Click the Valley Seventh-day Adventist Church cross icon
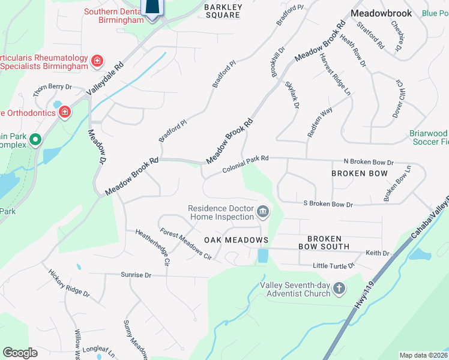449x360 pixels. tap(339, 289)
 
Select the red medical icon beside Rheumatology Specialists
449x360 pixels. tap(96, 61)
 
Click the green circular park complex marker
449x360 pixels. tap(35, 140)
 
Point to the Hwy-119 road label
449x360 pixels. tap(364, 296)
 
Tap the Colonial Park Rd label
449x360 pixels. tap(245, 164)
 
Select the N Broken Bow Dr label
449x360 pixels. tap(368, 162)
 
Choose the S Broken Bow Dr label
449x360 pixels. tap(328, 204)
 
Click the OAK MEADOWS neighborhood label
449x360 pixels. tap(236, 240)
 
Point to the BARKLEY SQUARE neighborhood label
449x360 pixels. tap(223, 11)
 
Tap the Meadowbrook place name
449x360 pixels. tap(381, 13)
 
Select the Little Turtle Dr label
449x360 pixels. tap(334, 265)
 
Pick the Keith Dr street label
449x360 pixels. tap(378, 253)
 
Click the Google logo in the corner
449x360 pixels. tap(20, 352)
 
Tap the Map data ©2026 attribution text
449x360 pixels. tap(423, 355)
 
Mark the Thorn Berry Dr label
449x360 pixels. tap(52, 87)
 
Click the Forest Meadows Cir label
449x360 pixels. tap(185, 244)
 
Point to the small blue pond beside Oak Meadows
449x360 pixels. tap(263, 256)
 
